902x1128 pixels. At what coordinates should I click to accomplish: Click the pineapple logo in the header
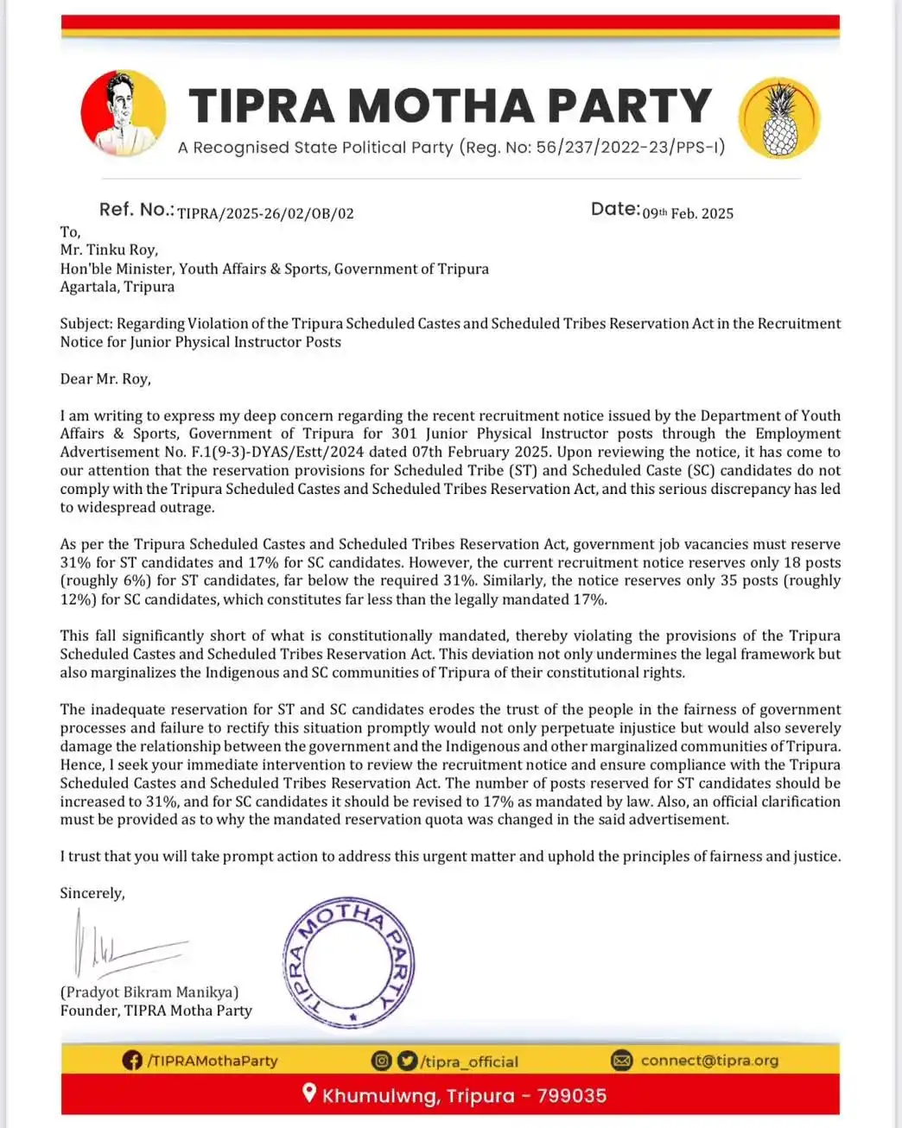coord(779,118)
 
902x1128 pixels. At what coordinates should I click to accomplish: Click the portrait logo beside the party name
coord(123,113)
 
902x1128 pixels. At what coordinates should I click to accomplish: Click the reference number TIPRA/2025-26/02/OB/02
coord(265,213)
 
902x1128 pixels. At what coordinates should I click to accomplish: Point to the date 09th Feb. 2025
coord(687,213)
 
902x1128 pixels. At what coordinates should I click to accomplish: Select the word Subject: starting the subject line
coord(86,324)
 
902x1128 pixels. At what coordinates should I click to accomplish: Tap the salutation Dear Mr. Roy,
coord(105,379)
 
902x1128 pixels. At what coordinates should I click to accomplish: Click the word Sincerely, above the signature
coord(92,894)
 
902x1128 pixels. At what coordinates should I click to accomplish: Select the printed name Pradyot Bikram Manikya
coord(149,992)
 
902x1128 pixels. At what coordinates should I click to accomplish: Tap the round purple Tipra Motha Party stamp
coord(349,963)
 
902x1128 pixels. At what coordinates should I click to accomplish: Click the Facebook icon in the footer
coord(132,1061)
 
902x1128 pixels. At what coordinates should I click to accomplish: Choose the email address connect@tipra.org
coord(708,1061)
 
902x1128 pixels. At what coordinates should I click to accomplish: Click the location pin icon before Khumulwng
coord(309,1094)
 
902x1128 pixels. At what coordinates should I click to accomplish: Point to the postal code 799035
coord(572,1096)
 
